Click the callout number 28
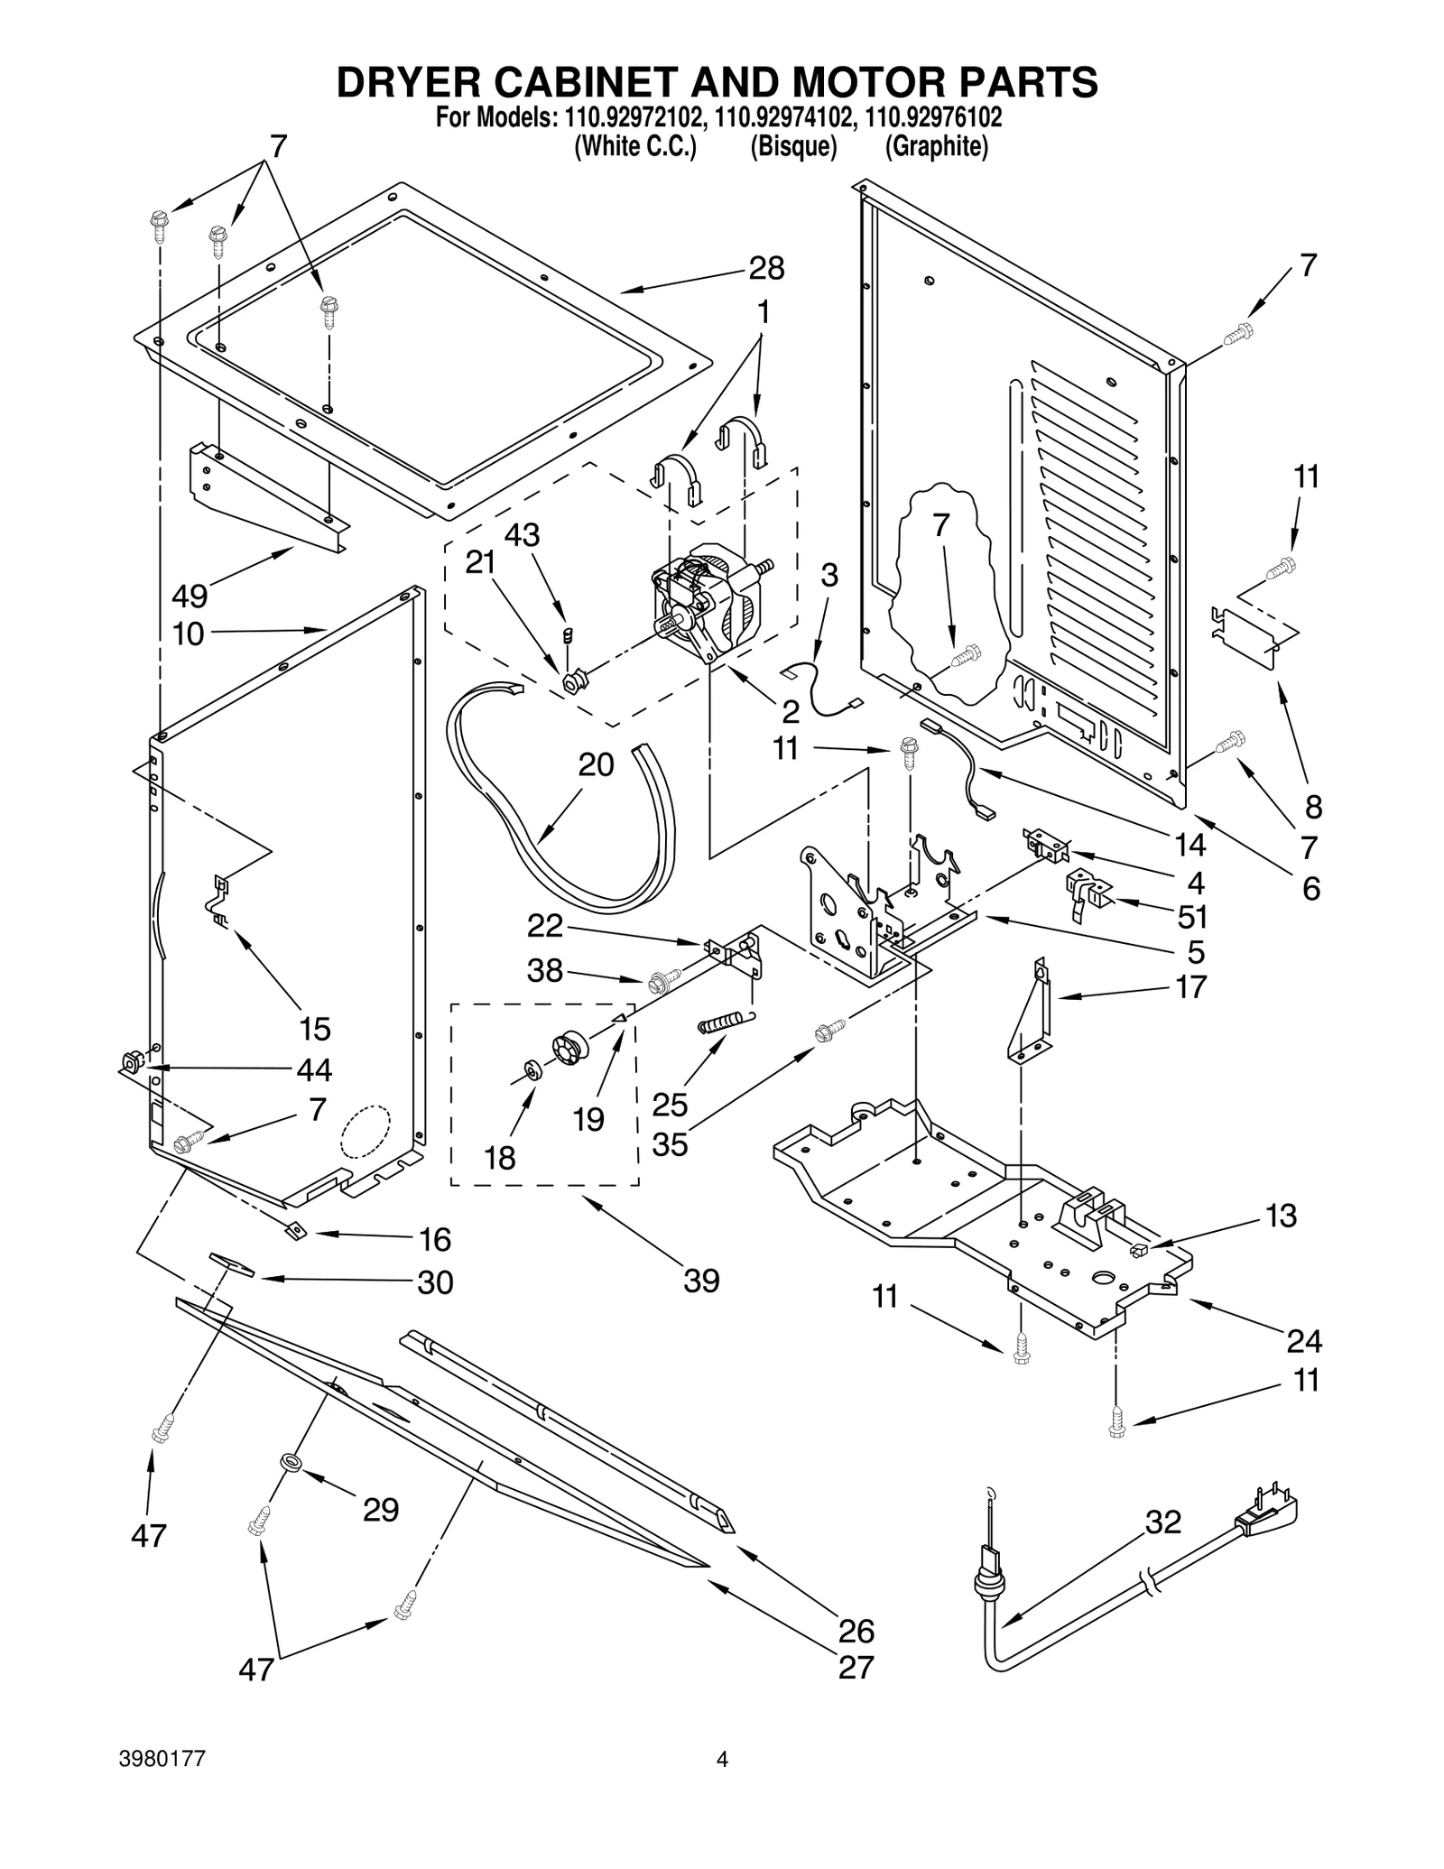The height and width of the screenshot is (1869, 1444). coord(766,269)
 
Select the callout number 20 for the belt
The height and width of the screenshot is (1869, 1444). coord(596,765)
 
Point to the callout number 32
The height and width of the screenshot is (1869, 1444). coord(1162,1522)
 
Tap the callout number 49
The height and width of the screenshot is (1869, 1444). coord(190,596)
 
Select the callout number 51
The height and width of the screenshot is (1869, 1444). coord(1192,917)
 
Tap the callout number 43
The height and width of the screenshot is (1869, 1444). coord(522,535)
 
